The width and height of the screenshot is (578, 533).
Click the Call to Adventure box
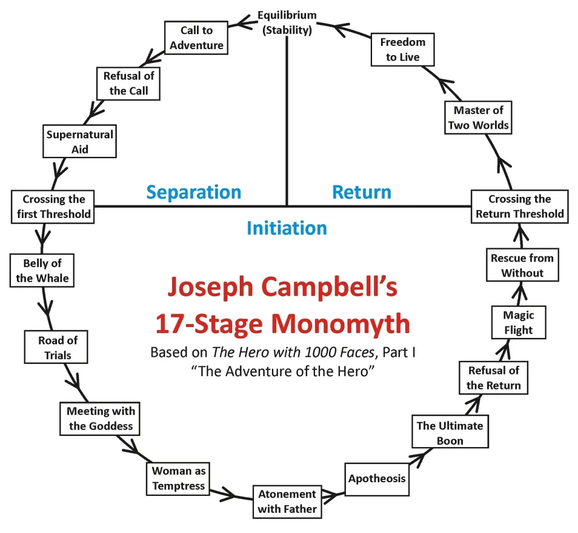pyautogui.click(x=196, y=38)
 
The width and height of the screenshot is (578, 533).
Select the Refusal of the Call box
pyautogui.click(x=129, y=82)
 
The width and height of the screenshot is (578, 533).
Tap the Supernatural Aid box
pyautogui.click(x=80, y=142)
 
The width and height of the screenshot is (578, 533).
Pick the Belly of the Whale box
pyautogui.click(x=42, y=270)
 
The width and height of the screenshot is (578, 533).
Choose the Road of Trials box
pyautogui.click(x=55, y=347)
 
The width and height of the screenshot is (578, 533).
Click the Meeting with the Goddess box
pyautogui.click(x=100, y=418)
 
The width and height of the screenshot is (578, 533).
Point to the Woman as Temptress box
pyautogui.click(x=178, y=478)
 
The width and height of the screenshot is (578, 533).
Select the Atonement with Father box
pyautogui.click(x=287, y=501)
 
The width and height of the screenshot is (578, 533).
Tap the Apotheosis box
pyautogui.click(x=376, y=479)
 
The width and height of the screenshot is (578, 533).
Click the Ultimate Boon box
pyautogui.click(x=449, y=432)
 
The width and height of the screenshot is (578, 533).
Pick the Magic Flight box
pyautogui.click(x=518, y=322)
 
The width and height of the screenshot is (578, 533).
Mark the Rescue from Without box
pyautogui.click(x=522, y=265)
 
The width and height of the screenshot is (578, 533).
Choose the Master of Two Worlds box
pyautogui.click(x=478, y=118)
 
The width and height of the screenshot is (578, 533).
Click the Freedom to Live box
pyautogui.click(x=402, y=50)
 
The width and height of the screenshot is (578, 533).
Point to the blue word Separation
pyautogui.click(x=194, y=192)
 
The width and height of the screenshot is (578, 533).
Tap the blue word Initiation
pyautogui.click(x=287, y=228)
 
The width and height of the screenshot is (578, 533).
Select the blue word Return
pyautogui.click(x=361, y=192)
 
